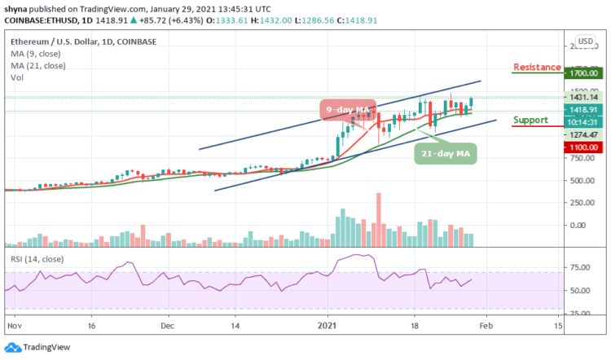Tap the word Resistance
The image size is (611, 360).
tap(537, 67)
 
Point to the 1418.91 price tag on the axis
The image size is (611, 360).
tap(582, 109)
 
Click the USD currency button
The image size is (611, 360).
tap(584, 41)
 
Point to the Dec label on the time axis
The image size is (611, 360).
tap(168, 323)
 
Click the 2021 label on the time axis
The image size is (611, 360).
tap(327, 323)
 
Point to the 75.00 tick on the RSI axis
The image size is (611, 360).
tap(582, 267)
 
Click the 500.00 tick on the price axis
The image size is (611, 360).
tap(582, 203)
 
